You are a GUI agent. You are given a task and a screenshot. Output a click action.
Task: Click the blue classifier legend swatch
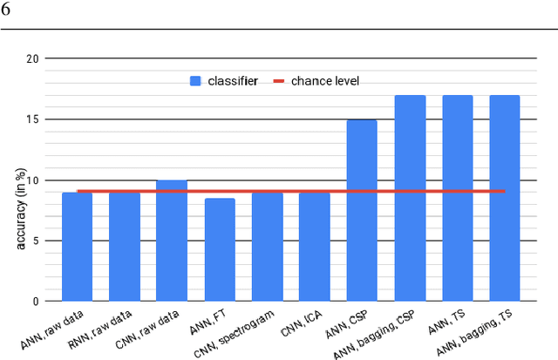(196, 81)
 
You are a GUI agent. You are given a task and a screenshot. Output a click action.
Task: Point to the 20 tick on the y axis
(33, 59)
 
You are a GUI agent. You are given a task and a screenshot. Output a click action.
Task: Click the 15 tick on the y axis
(33, 119)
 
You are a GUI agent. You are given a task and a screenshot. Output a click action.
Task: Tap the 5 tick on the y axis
(35, 241)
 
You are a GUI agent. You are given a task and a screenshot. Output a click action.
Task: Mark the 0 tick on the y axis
(35, 302)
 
